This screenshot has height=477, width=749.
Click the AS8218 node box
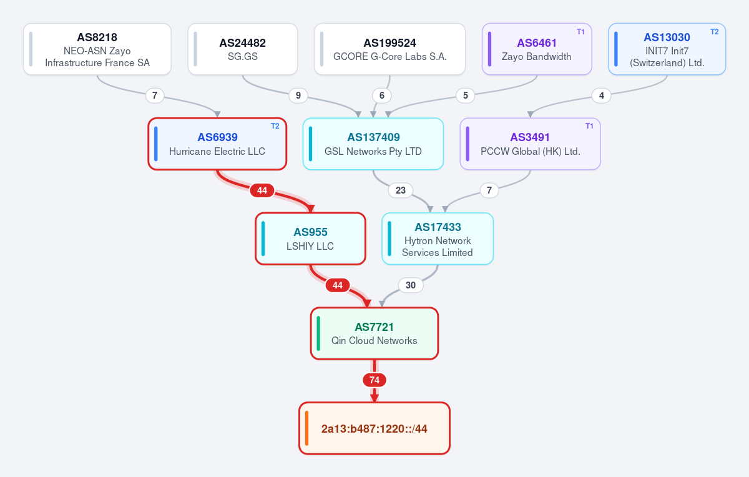click(x=97, y=49)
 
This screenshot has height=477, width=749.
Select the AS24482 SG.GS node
click(x=243, y=49)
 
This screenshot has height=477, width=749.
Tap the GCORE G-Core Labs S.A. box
click(x=390, y=49)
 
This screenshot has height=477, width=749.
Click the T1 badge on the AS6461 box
click(x=580, y=32)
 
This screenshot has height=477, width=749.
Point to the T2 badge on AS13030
click(x=714, y=32)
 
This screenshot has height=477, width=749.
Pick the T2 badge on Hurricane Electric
click(x=275, y=126)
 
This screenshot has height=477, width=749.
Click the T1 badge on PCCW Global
click(x=589, y=126)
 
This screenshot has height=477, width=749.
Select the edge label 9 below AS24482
click(x=298, y=96)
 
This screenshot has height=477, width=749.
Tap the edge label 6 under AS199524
click(x=382, y=96)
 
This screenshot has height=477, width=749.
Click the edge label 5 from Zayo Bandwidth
click(x=466, y=96)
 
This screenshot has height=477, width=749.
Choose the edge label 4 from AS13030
click(x=602, y=96)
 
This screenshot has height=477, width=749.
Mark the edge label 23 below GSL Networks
click(x=401, y=190)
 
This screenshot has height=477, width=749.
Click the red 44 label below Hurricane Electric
click(x=262, y=190)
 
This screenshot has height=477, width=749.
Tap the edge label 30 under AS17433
click(x=411, y=285)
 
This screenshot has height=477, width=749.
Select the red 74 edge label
click(x=374, y=380)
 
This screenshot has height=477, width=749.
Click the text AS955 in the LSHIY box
click(x=310, y=232)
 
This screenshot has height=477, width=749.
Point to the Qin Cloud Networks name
click(x=374, y=340)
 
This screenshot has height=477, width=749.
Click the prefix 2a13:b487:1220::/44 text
click(x=374, y=429)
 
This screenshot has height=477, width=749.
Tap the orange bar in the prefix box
click(x=306, y=428)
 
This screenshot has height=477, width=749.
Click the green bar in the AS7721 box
click(x=318, y=333)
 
